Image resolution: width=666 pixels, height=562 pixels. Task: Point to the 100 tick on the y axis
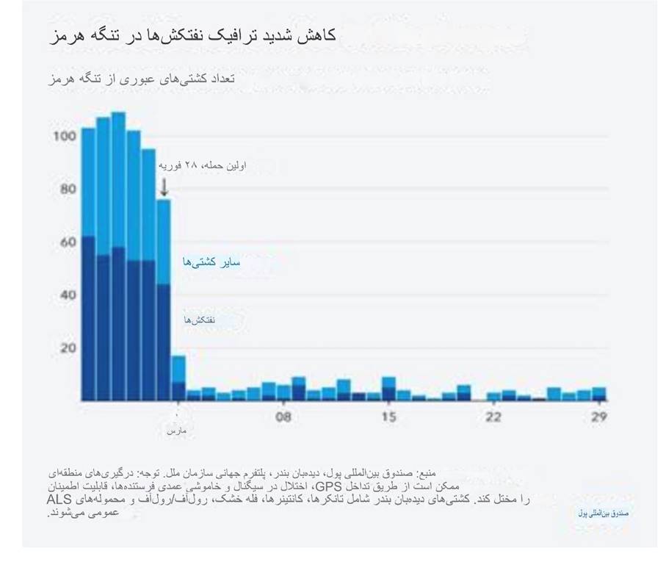[x=65, y=137]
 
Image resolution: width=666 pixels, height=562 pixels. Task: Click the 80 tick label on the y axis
[x=67, y=189]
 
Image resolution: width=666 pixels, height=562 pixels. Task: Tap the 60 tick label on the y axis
[x=67, y=242]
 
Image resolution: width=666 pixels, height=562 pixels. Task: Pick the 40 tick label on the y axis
[x=67, y=295]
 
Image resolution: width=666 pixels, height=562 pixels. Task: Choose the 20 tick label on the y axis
[x=67, y=347]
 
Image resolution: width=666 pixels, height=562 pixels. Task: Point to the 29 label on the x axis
[x=598, y=417]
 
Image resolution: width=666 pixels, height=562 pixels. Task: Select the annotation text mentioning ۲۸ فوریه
[x=202, y=166]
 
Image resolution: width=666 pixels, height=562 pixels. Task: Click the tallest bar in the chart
[x=118, y=257]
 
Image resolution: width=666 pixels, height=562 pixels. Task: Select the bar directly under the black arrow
[x=164, y=301]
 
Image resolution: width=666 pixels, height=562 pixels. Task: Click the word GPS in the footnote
[x=324, y=486]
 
